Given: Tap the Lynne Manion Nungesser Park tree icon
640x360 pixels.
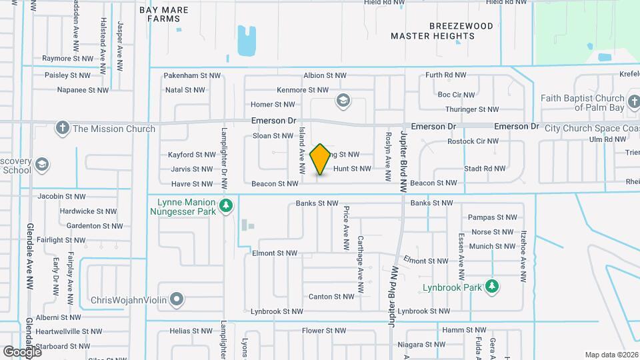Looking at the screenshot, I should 227,205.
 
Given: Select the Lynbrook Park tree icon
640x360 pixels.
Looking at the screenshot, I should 493,286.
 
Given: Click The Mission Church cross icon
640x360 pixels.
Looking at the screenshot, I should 63,128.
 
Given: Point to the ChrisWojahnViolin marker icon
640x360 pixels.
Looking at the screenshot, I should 177,299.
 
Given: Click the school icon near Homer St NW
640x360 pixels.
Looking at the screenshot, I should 343,101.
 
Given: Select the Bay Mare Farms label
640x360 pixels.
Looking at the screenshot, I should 164,14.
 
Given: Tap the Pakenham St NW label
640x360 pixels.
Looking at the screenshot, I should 192,76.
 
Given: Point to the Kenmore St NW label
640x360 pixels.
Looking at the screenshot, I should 303,90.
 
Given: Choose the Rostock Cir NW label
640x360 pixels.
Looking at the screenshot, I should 473,141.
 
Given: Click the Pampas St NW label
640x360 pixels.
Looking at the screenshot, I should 493,217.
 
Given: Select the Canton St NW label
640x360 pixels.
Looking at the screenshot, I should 331,297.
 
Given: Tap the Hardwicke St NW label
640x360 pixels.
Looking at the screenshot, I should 88,211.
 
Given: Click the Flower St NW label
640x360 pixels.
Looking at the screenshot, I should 322,331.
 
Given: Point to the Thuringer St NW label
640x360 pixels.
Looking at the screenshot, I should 472,109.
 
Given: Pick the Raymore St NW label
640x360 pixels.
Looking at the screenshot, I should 66,59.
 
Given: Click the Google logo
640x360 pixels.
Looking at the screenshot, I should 22,351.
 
